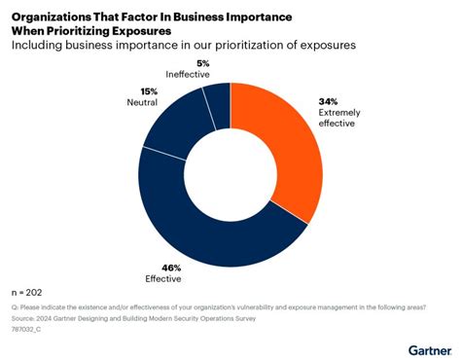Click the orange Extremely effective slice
[286, 146]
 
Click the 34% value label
[328, 100]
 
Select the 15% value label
[134, 90]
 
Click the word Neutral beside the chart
[142, 101]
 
